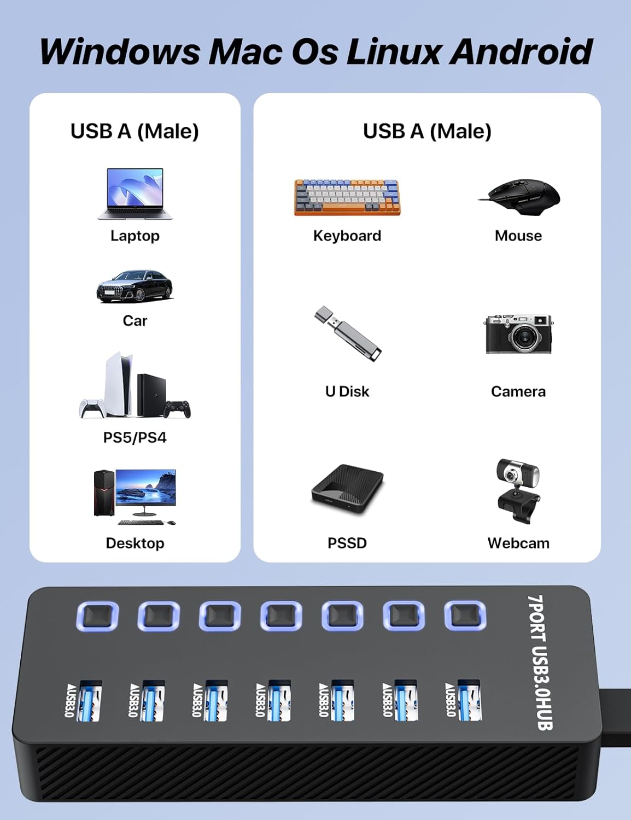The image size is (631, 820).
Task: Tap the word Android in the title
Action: tap(522, 51)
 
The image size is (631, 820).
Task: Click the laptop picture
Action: tap(135, 194)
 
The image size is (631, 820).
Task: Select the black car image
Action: tap(135, 285)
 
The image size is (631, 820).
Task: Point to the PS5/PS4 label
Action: tap(135, 437)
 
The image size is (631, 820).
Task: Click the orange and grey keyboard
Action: tap(347, 197)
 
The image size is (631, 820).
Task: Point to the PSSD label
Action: tap(347, 543)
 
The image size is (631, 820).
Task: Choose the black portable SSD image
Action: tap(347, 488)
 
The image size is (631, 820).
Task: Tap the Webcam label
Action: tap(518, 543)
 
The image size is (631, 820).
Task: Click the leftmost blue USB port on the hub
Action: tap(90, 701)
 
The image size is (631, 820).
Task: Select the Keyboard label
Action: tap(347, 236)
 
